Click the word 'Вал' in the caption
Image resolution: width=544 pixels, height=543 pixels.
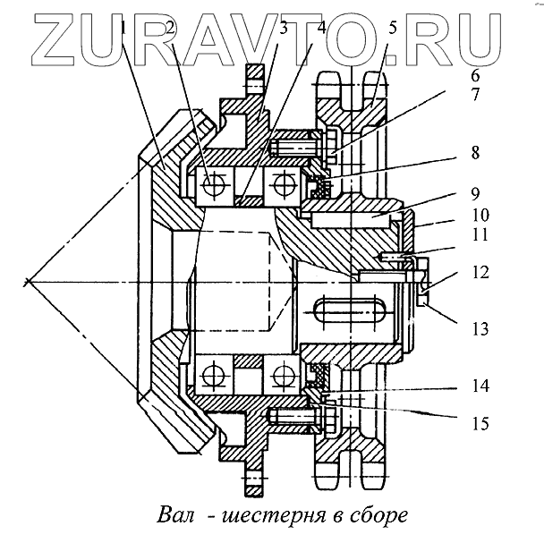176,516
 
